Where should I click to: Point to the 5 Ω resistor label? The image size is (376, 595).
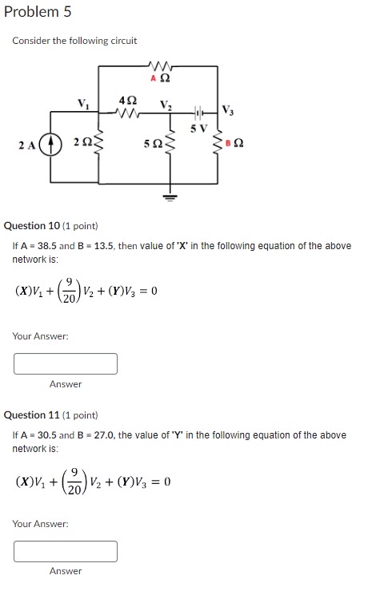click(152, 144)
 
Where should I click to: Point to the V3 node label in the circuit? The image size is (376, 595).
click(228, 110)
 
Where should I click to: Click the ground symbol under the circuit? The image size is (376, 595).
click(170, 195)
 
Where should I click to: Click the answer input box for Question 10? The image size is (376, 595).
click(65, 364)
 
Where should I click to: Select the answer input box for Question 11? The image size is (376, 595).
click(65, 552)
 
